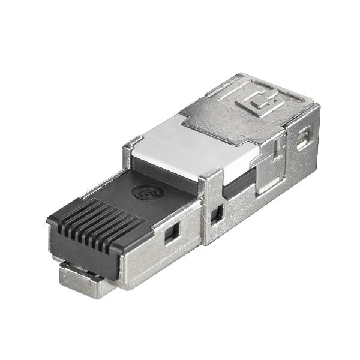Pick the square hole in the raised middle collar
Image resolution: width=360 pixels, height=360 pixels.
[217, 212]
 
